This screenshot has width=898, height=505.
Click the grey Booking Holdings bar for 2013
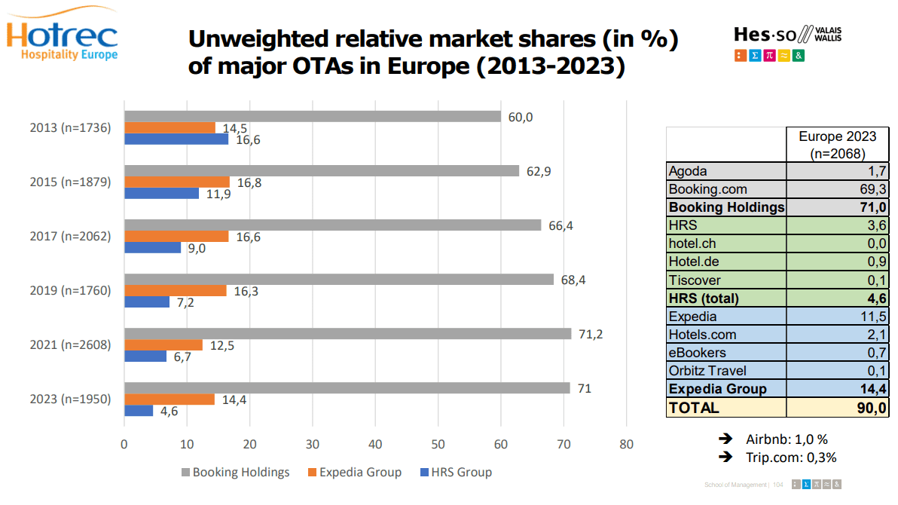312,116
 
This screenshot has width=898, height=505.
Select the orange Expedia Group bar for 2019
175,290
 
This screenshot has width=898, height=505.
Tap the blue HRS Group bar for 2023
139,411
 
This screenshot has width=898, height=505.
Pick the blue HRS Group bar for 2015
161,194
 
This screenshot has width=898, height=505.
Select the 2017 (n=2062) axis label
70,236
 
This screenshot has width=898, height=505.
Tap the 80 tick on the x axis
626,444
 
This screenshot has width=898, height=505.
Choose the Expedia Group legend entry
355,473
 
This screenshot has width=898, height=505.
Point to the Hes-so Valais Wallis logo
787,42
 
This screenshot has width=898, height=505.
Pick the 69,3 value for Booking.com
873,189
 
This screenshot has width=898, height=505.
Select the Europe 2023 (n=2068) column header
838,144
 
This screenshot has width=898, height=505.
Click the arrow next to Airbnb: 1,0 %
726,439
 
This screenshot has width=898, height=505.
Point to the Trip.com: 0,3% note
792,457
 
